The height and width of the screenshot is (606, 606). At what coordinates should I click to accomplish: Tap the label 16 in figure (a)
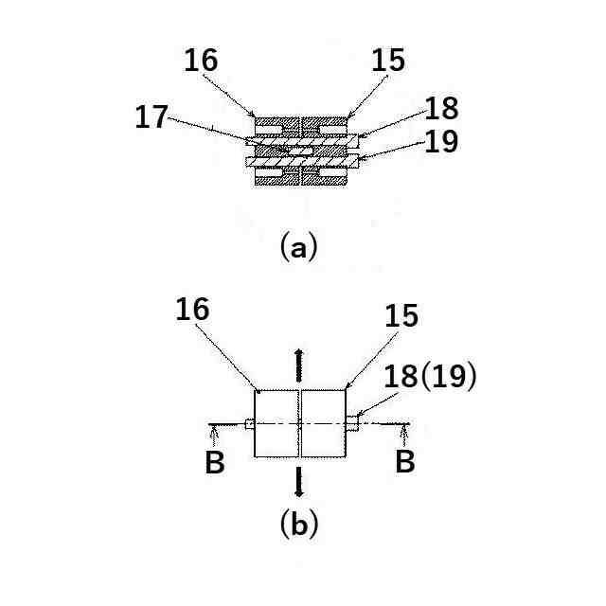(x=201, y=60)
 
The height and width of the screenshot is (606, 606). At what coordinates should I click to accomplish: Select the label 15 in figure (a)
(x=388, y=60)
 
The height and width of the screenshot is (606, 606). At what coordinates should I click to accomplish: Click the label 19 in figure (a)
(x=442, y=142)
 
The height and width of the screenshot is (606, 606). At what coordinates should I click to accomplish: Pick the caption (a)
(x=299, y=247)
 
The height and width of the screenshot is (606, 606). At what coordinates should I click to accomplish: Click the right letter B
(x=405, y=462)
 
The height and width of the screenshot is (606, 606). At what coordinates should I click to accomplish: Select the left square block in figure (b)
(x=276, y=423)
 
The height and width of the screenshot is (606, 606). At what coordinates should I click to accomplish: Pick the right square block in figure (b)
(x=322, y=423)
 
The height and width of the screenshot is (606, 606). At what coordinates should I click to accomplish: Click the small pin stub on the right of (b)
(x=352, y=423)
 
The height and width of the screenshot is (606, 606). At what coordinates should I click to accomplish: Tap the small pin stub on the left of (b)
(x=249, y=423)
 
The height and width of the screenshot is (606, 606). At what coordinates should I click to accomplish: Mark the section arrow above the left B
(x=215, y=436)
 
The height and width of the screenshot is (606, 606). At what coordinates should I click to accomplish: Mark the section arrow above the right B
(x=405, y=436)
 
